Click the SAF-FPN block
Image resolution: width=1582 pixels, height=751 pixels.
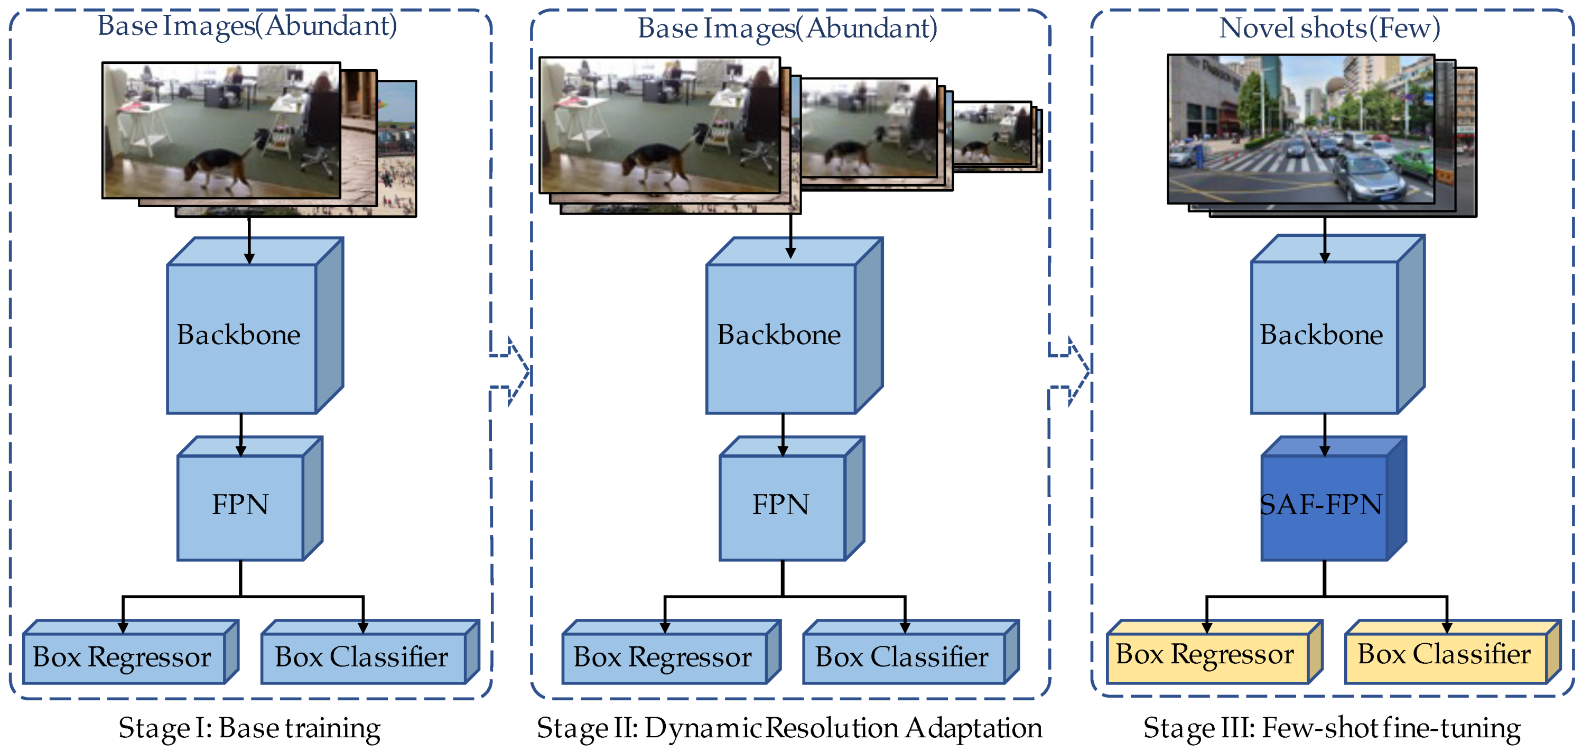click(1324, 507)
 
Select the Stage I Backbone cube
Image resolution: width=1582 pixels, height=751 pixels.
click(241, 337)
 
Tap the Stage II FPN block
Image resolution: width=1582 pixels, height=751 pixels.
click(782, 507)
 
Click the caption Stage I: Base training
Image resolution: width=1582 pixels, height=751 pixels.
click(249, 728)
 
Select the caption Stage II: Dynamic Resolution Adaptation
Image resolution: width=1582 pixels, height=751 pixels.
click(790, 728)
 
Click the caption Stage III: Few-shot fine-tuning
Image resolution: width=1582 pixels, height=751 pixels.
click(1332, 728)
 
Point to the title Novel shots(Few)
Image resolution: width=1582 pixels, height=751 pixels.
click(1329, 28)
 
